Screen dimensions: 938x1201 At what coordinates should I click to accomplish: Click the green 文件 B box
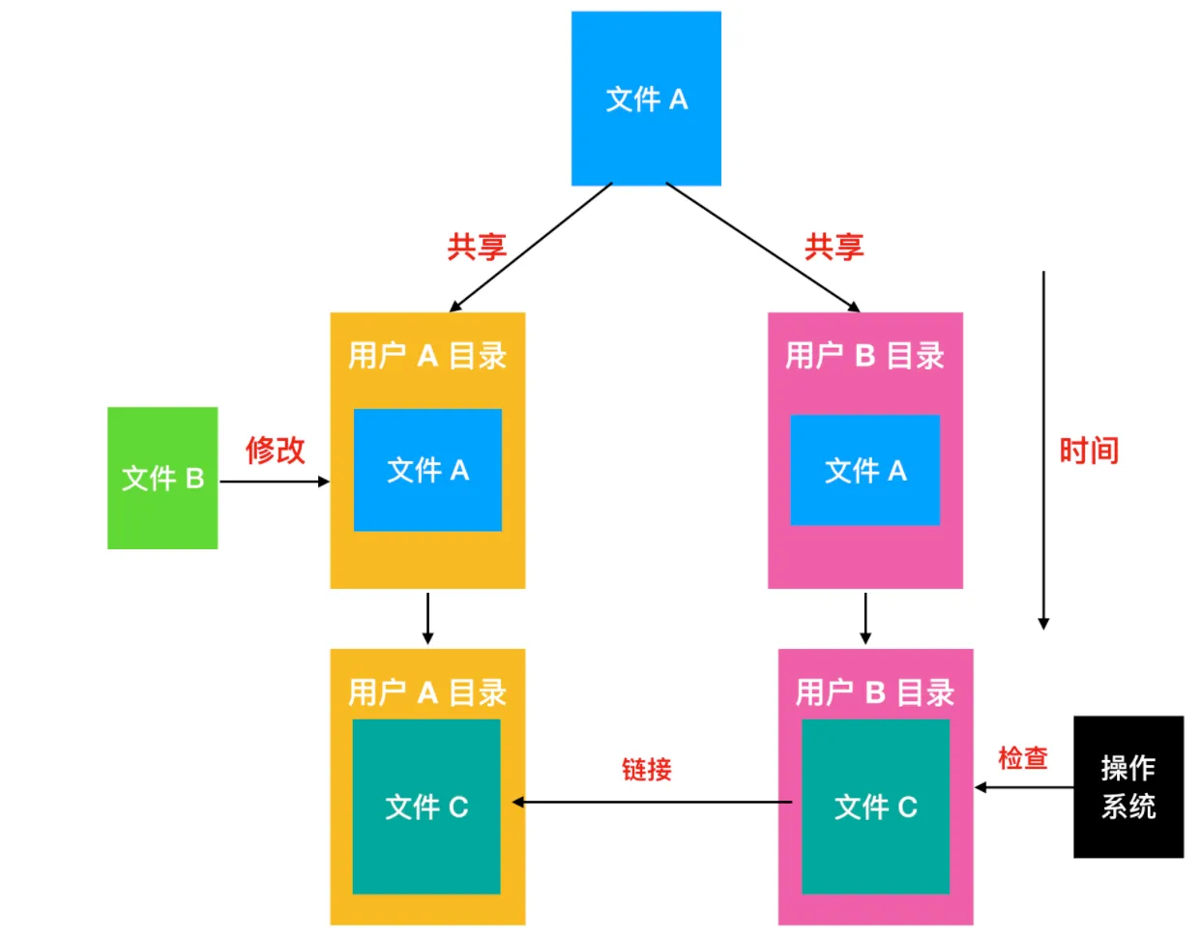click(x=162, y=478)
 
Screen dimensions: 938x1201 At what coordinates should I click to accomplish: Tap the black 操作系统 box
click(x=1128, y=786)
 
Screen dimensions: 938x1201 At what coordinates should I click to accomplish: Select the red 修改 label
click(x=276, y=450)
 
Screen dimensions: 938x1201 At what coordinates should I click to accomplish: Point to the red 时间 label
click(x=1089, y=451)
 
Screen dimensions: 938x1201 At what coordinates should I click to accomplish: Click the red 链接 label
click(x=646, y=770)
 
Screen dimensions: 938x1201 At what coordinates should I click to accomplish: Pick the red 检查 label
click(x=1022, y=758)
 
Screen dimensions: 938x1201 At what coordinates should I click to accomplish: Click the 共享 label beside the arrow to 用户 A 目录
click(x=477, y=247)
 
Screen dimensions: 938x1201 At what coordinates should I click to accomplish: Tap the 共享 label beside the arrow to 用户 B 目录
click(x=834, y=247)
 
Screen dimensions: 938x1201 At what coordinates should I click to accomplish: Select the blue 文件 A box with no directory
click(x=646, y=99)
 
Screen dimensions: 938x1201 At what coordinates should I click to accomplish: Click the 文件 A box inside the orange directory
click(x=427, y=470)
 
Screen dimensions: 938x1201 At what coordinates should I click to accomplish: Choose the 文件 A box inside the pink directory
click(x=864, y=470)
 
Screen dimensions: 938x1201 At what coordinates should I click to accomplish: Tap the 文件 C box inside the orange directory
click(x=426, y=806)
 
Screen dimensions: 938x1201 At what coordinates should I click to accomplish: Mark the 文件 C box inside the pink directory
click(x=875, y=806)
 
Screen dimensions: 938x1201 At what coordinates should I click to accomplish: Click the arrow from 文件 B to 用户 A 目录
click(x=275, y=481)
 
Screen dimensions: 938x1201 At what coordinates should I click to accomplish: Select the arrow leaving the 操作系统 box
click(x=1023, y=787)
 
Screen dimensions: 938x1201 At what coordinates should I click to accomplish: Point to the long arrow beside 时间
click(x=1043, y=450)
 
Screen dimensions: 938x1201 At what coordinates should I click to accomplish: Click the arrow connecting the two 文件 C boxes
click(x=653, y=802)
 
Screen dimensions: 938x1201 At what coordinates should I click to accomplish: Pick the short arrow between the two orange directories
click(x=427, y=618)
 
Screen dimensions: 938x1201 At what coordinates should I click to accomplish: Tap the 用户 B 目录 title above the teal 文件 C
click(x=875, y=692)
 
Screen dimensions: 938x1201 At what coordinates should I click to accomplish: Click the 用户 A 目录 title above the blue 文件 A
click(x=427, y=356)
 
